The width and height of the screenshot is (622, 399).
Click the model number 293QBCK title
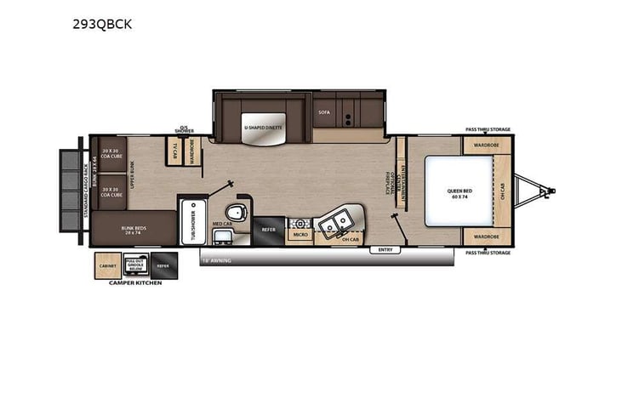pyautogui.click(x=102, y=26)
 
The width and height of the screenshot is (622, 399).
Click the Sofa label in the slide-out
pyautogui.click(x=323, y=111)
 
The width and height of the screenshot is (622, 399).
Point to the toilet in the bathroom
pyautogui.click(x=236, y=212)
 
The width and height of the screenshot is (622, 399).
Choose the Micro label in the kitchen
pyautogui.click(x=300, y=233)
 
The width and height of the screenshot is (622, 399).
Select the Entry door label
pyautogui.click(x=385, y=249)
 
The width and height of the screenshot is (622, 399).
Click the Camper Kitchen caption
pyautogui.click(x=135, y=283)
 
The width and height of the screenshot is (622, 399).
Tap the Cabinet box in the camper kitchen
pyautogui.click(x=107, y=265)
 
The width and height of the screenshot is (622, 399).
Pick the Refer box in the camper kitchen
pyautogui.click(x=163, y=265)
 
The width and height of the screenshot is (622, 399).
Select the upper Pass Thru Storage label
pyautogui.click(x=488, y=130)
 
